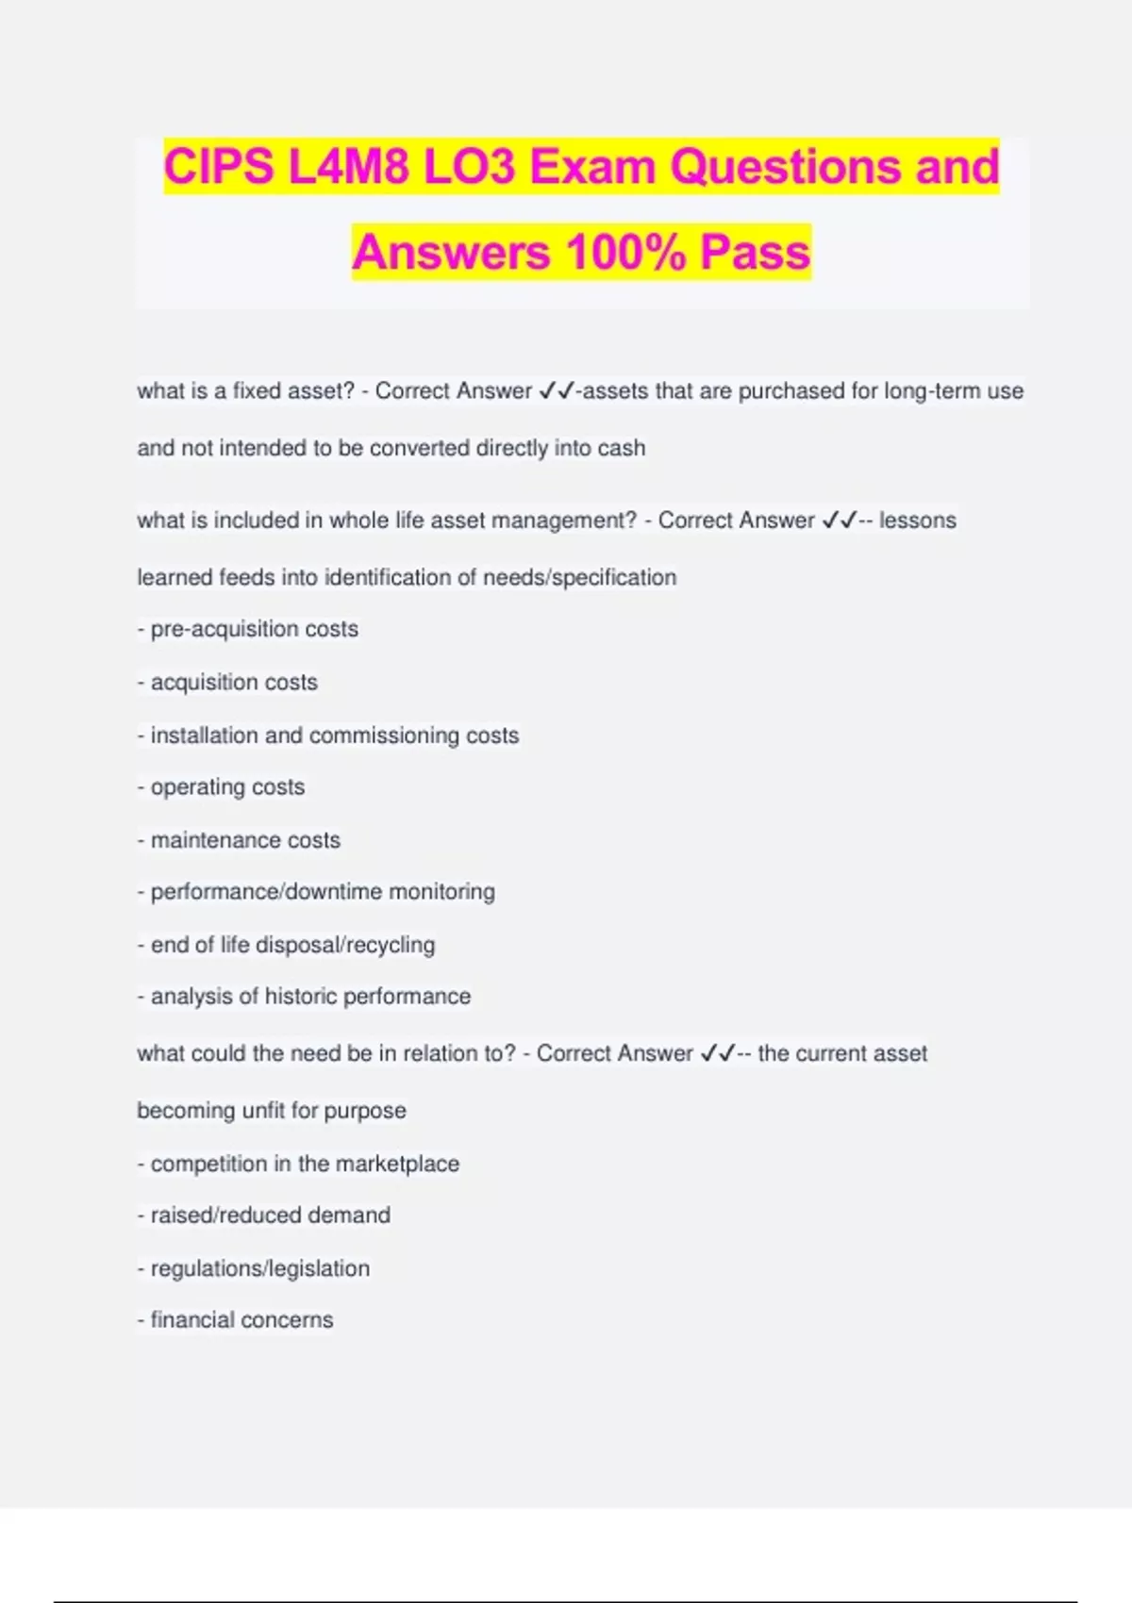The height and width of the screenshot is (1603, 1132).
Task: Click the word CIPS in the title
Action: [218, 167]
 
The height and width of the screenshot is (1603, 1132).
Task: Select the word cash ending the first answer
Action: [621, 448]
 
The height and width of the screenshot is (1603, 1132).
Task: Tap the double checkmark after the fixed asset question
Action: [557, 391]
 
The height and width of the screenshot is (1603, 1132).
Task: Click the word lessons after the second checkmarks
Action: [917, 521]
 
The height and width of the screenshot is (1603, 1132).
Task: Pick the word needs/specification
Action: [579, 577]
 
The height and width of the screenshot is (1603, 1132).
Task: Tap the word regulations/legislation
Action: [260, 1269]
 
